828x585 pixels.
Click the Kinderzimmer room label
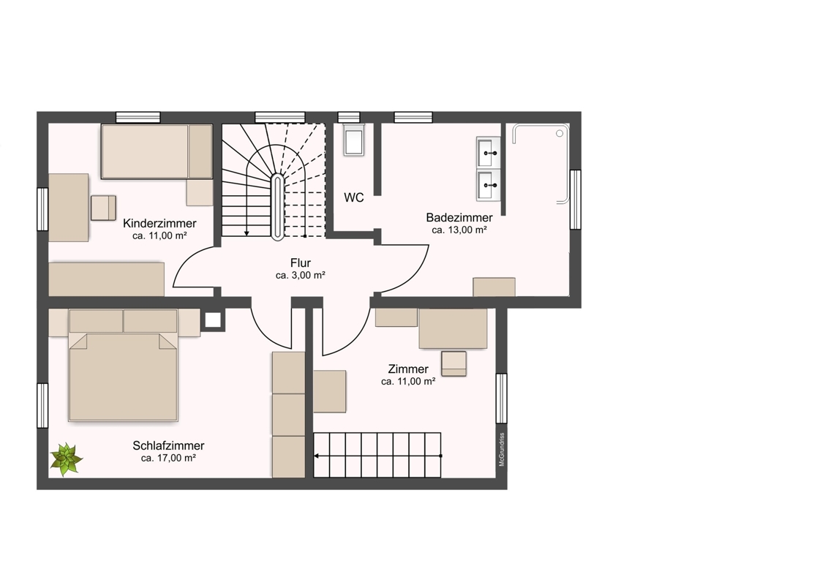click(159, 223)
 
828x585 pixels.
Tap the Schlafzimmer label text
click(168, 445)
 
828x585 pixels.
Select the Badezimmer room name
click(459, 217)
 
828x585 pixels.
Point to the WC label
click(354, 197)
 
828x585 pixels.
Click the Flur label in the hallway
click(301, 263)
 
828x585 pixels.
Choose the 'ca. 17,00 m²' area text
click(168, 458)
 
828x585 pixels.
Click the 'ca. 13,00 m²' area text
click(459, 230)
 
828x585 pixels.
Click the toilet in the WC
click(354, 140)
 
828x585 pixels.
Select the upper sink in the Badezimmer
click(489, 152)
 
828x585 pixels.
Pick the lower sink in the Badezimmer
click(489, 185)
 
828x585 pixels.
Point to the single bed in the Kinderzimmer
click(157, 151)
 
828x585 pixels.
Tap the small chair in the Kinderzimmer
click(104, 208)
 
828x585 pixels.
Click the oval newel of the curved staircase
click(277, 206)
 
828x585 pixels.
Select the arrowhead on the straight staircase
click(317, 456)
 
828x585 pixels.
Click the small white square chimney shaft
click(213, 320)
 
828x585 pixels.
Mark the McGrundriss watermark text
click(502, 450)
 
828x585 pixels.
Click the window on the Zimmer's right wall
click(501, 399)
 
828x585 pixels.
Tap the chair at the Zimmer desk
click(453, 363)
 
